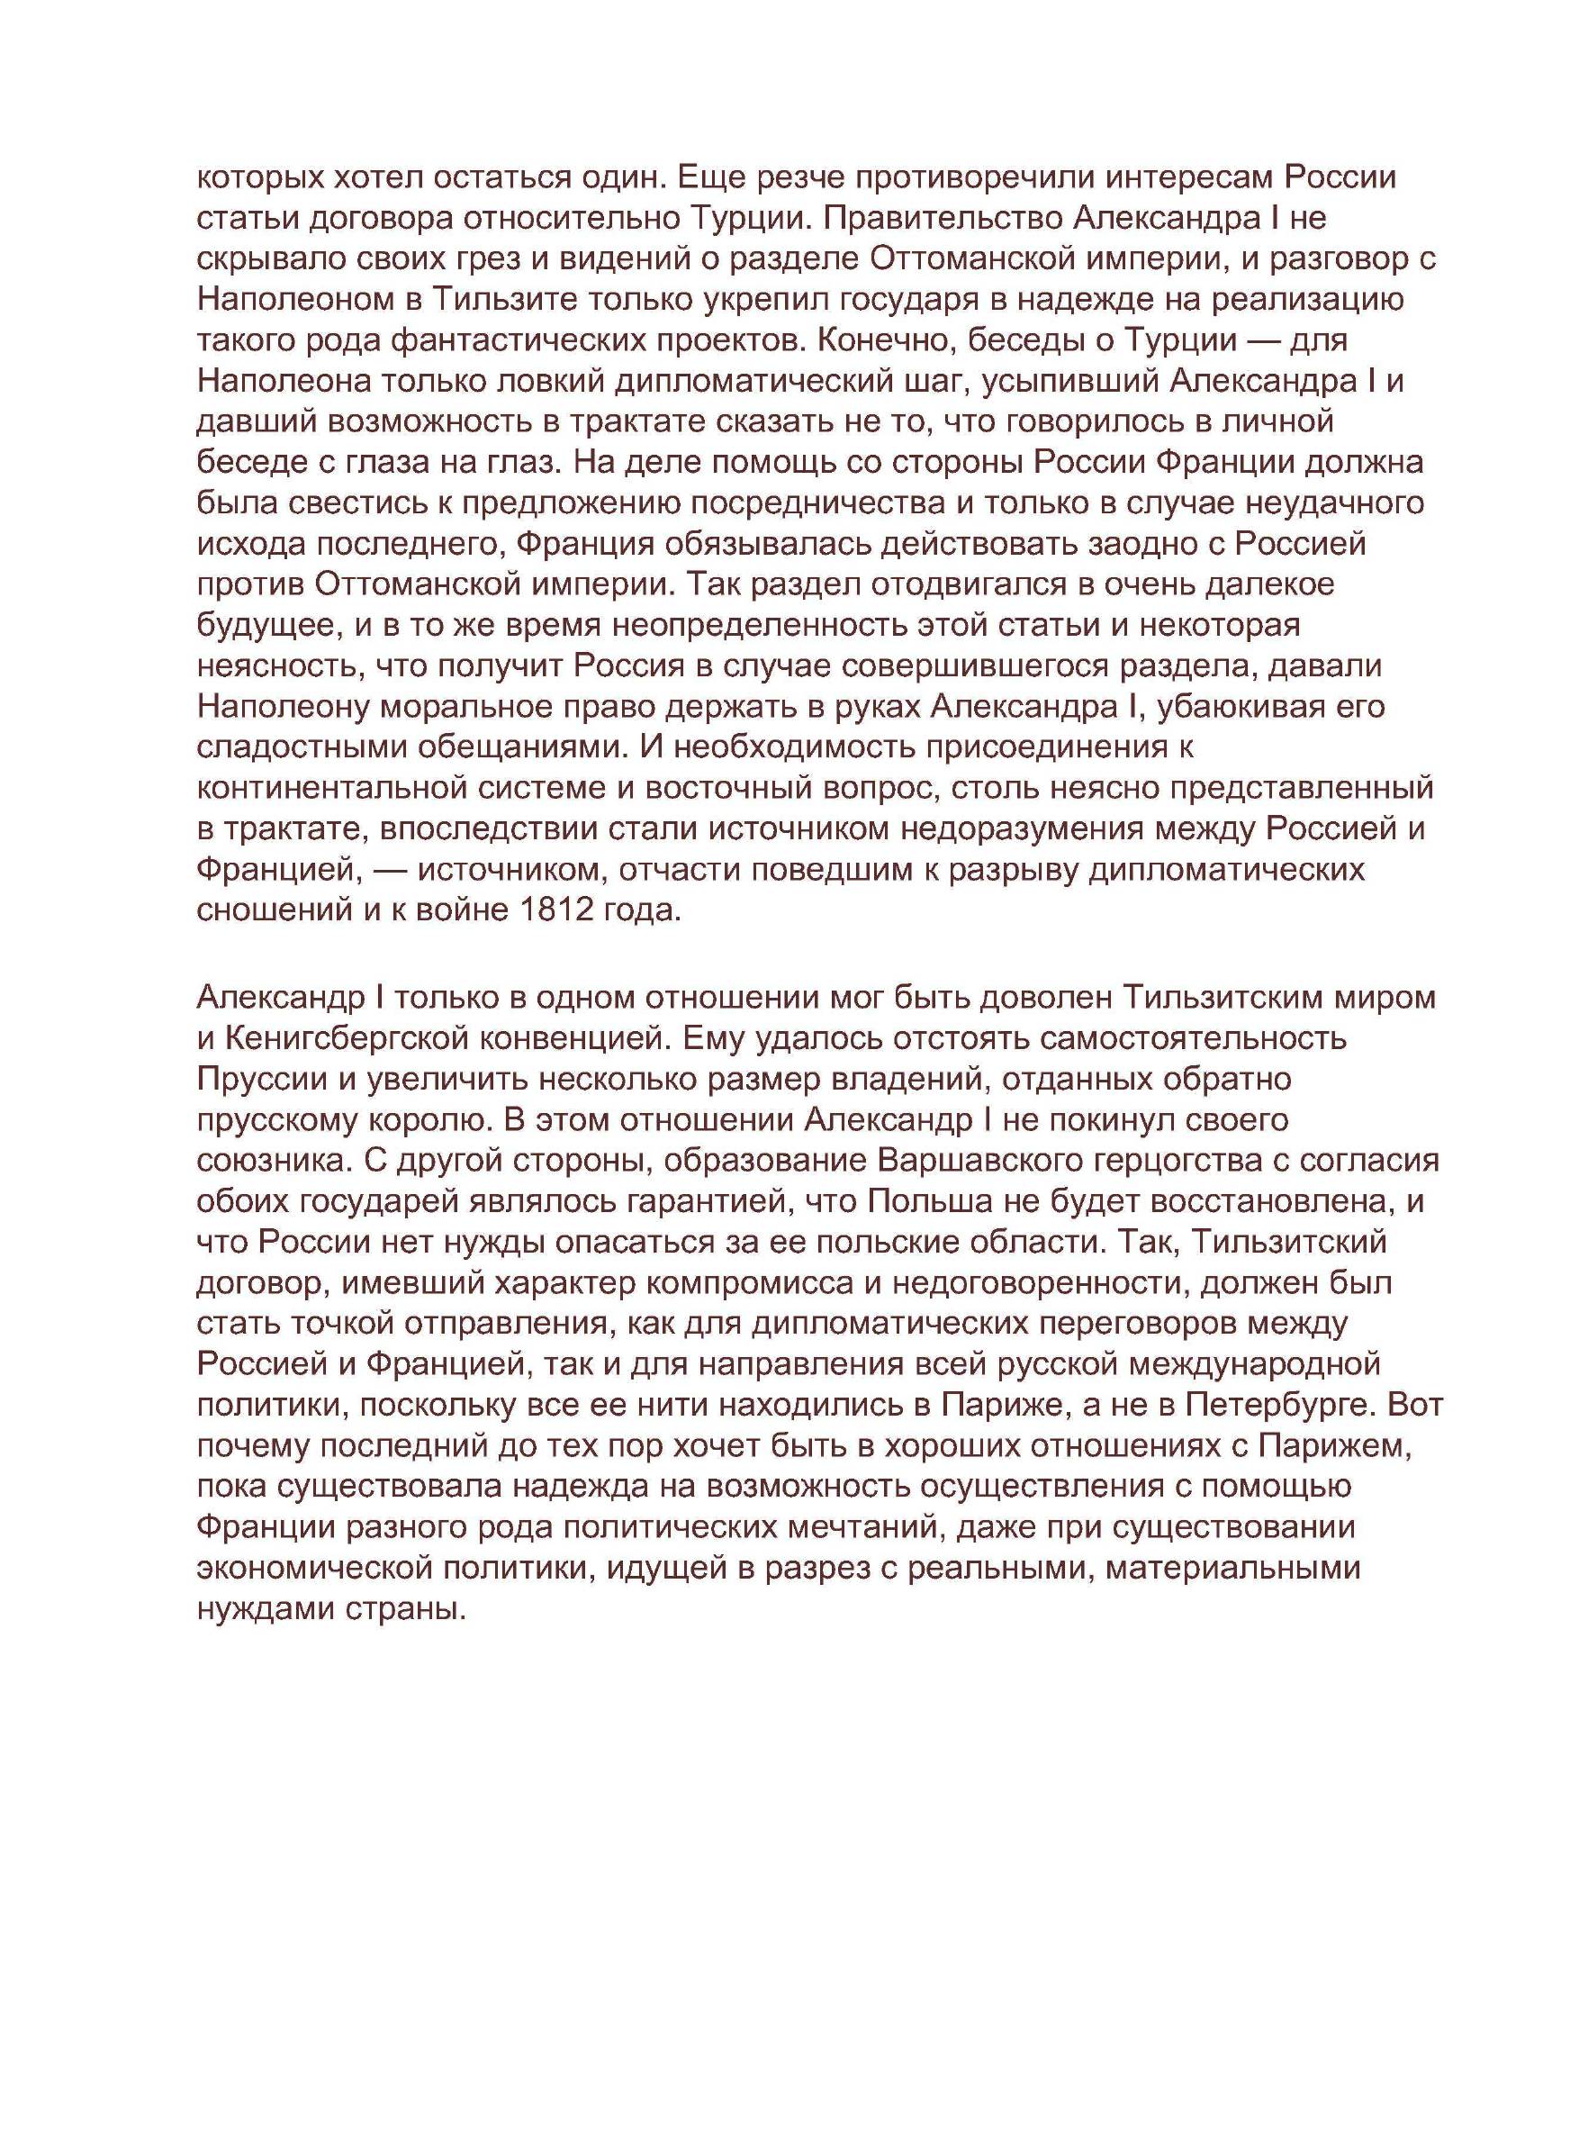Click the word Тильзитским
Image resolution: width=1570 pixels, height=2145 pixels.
click(x=1224, y=998)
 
